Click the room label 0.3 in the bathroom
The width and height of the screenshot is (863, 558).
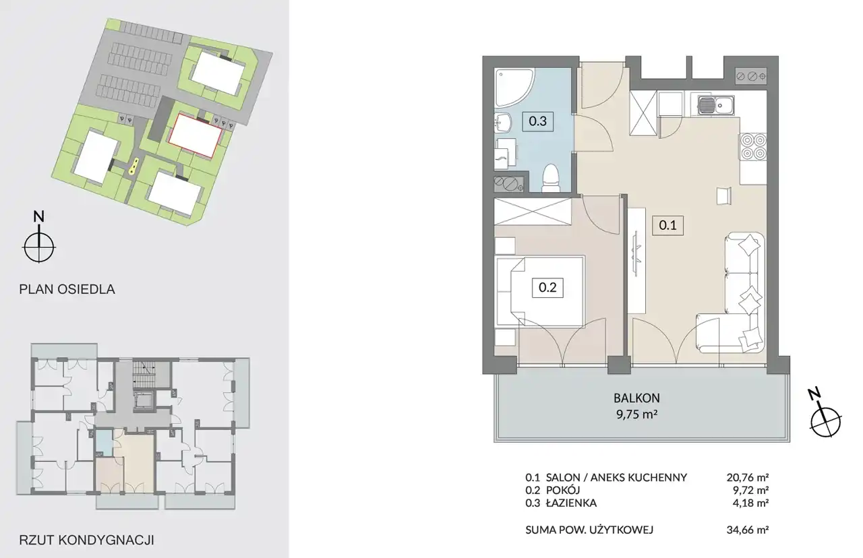click(537, 121)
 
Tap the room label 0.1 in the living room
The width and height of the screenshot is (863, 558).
click(667, 225)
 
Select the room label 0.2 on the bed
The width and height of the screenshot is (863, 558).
click(547, 288)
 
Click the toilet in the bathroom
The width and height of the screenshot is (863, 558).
click(551, 178)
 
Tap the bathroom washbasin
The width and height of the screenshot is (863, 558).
click(502, 123)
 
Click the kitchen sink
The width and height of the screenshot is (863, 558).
click(715, 105)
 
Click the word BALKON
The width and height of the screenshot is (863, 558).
click(636, 398)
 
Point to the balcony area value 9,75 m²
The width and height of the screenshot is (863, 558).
click(636, 414)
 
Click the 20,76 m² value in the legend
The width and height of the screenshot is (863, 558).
click(748, 478)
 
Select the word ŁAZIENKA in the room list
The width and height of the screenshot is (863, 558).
click(571, 503)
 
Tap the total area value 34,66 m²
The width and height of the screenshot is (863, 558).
click(748, 530)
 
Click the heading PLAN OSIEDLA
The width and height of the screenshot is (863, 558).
click(67, 289)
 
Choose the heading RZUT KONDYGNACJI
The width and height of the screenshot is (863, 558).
click(87, 540)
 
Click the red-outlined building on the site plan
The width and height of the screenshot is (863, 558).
click(196, 135)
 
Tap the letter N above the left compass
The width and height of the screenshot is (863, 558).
click(38, 216)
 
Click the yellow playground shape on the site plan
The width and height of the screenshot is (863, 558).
click(133, 166)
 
